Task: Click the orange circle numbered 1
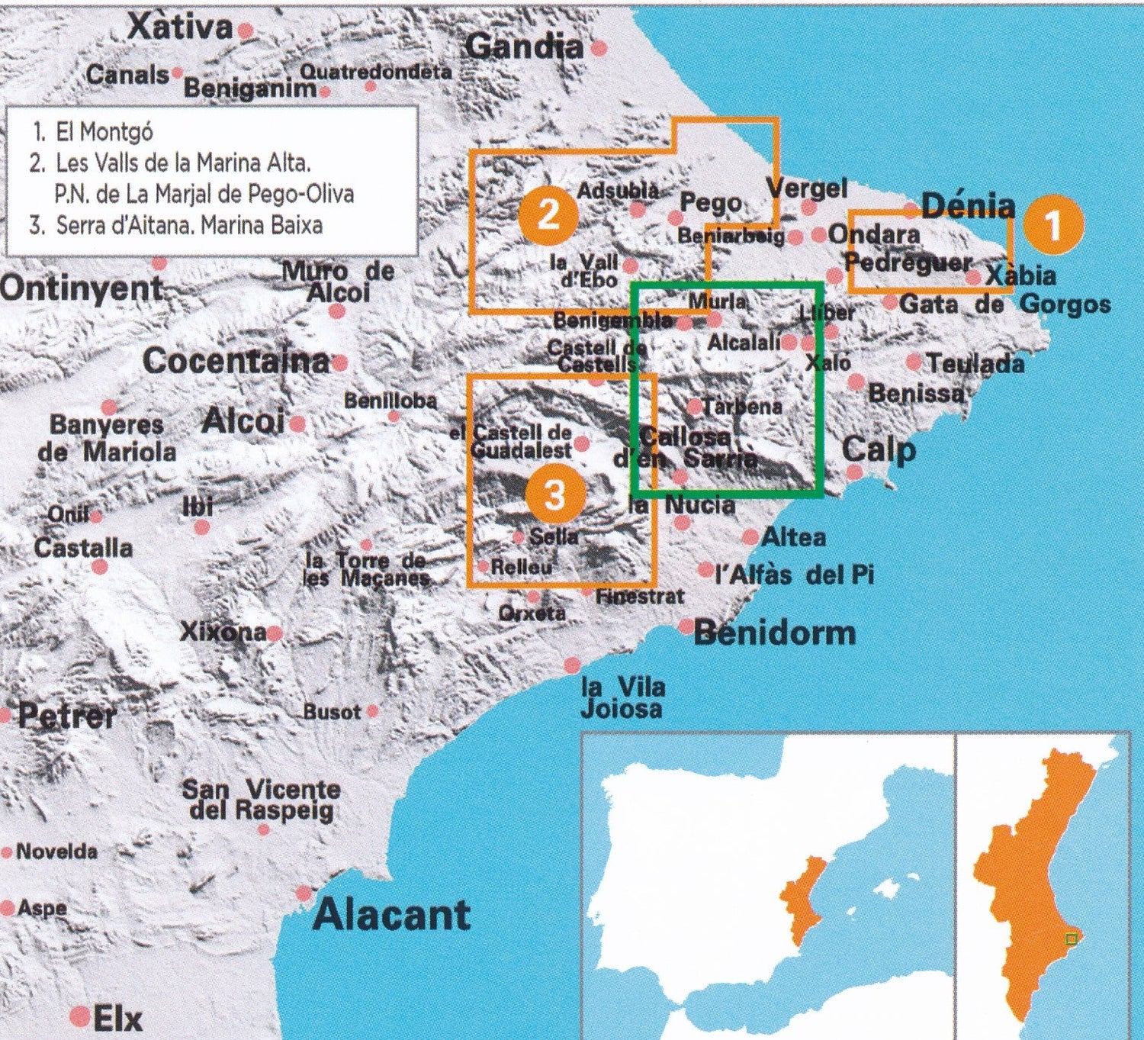point(1052,225)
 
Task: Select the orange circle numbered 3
point(554,495)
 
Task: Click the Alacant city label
point(391,915)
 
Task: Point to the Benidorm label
point(775,633)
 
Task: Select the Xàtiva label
point(180,28)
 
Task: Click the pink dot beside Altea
point(750,537)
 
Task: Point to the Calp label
point(879,450)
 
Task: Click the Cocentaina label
point(236,361)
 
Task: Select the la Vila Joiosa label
point(622,697)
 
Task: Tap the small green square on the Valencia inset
point(1071,939)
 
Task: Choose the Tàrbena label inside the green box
point(743,407)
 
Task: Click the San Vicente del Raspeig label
point(261,799)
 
